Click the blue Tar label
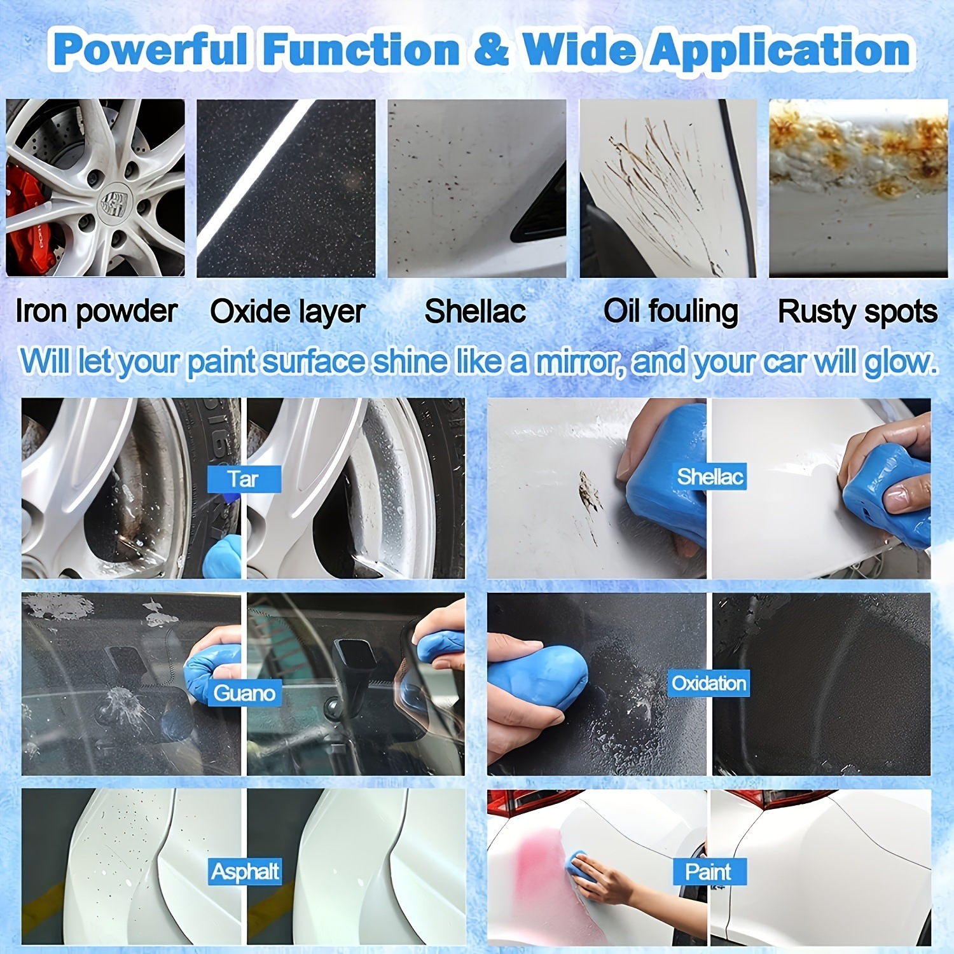click(244, 479)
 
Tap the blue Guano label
click(244, 693)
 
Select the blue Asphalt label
click(245, 871)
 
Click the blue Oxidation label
click(709, 683)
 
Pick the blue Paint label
click(709, 871)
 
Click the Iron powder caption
click(96, 312)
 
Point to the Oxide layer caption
click(287, 312)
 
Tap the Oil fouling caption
click(670, 312)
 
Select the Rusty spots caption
click(857, 312)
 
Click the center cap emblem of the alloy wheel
click(114, 202)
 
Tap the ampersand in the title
click(491, 50)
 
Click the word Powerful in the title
click(150, 50)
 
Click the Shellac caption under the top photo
click(475, 312)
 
